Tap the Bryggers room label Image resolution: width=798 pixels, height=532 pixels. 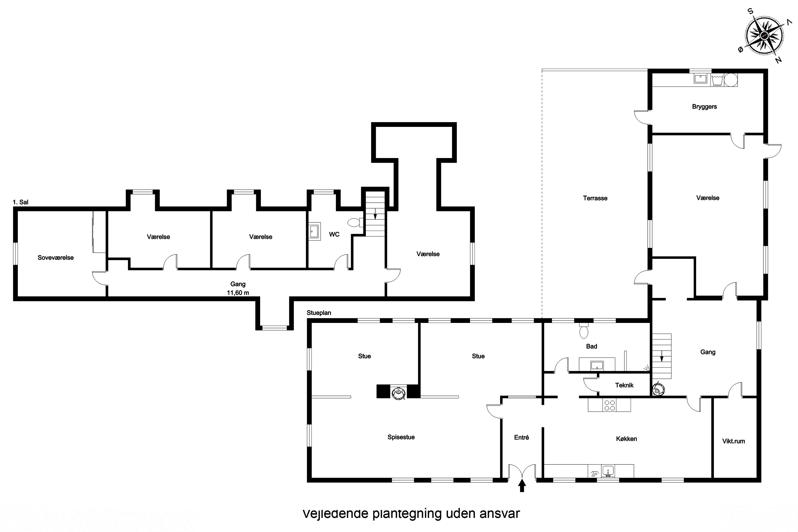pos(704,107)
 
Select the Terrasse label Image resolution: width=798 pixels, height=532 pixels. pos(595,198)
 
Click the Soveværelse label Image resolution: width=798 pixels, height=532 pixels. pos(56,257)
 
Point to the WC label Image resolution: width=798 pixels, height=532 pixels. pos(334,234)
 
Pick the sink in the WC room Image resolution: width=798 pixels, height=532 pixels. pos(314,231)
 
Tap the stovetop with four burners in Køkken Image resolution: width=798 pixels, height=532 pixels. pos(610,405)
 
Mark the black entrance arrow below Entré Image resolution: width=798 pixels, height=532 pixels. pos(522,485)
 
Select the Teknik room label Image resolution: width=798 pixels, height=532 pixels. pos(624,385)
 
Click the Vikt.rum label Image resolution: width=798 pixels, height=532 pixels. pos(734,441)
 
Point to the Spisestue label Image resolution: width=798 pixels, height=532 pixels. pos(401,437)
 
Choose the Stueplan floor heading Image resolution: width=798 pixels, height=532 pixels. pos(319,313)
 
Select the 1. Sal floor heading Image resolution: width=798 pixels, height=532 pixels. pos(21,202)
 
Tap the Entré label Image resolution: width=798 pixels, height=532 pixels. pos(521,437)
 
